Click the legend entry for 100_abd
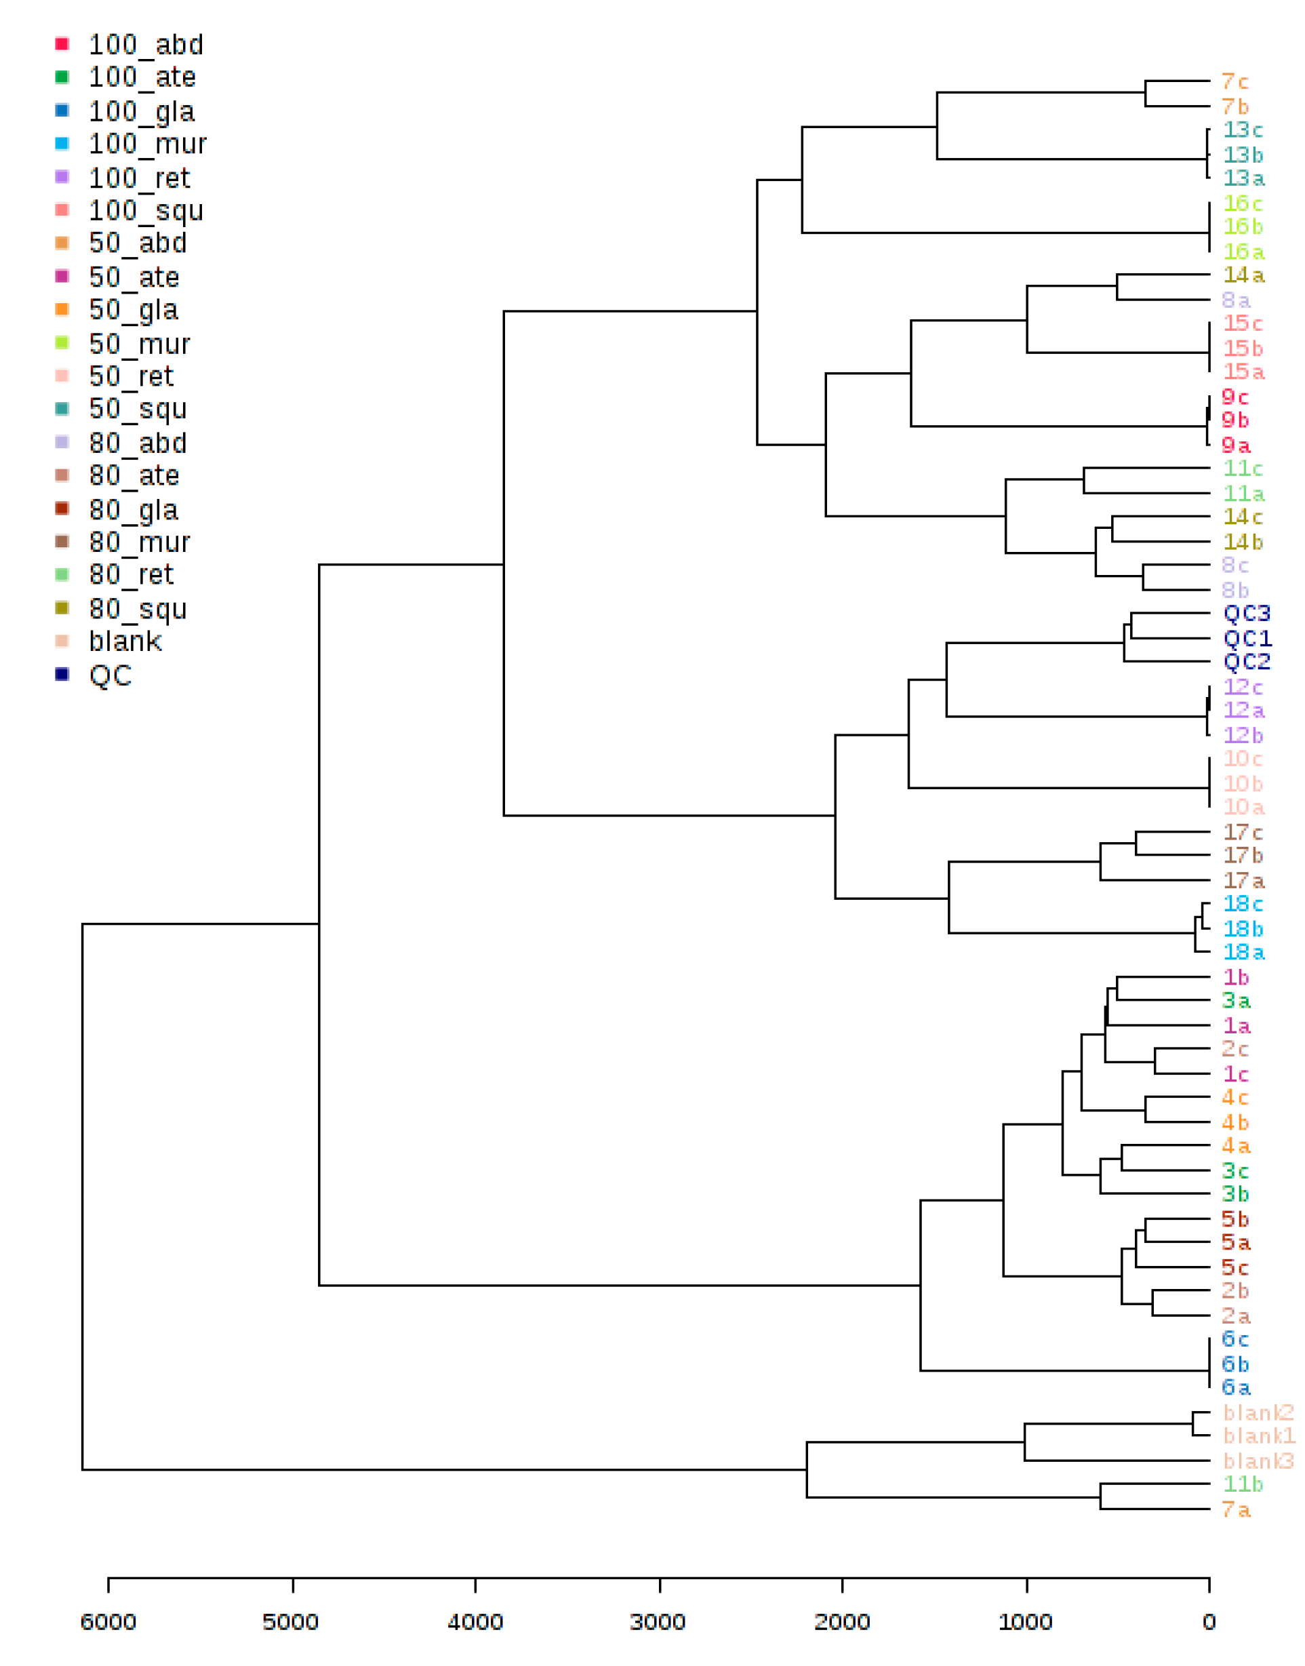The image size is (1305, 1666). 145,44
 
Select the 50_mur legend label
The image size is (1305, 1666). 139,344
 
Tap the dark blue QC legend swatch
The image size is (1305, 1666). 62,673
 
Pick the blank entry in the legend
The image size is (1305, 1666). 125,641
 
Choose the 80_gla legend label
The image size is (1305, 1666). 133,510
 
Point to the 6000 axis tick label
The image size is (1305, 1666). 108,1622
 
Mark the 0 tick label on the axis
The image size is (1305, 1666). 1209,1622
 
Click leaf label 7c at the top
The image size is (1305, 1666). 1234,81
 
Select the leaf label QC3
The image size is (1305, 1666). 1246,613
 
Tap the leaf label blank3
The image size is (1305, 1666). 1258,1461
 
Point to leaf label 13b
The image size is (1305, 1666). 1243,155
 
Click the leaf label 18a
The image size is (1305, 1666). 1243,952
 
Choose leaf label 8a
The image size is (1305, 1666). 1235,300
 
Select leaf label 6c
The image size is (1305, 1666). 1234,1339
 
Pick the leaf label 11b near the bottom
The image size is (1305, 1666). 1243,1484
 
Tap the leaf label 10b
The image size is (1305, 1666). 1243,783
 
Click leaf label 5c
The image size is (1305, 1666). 1234,1267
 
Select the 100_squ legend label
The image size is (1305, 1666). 145,210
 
